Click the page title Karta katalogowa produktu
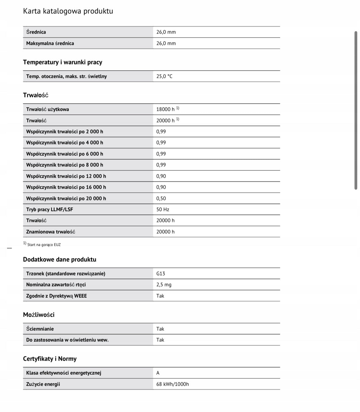point(68,11)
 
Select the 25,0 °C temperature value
point(164,76)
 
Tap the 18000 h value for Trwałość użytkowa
point(165,109)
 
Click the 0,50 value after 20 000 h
point(161,199)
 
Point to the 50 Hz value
point(163,210)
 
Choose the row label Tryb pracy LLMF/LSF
point(49,210)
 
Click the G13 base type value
point(161,274)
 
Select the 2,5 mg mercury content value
point(164,285)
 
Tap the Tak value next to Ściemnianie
point(160,329)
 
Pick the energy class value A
point(158,373)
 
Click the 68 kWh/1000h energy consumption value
point(173,384)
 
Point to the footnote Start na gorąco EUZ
point(44,245)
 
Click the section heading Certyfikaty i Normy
point(50,359)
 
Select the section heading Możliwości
point(39,315)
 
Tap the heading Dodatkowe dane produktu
point(60,260)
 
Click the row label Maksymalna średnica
point(50,43)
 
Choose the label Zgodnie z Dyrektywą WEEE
point(56,296)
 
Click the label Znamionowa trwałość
point(51,232)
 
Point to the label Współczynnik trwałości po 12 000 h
point(66,176)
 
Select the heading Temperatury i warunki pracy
point(63,62)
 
